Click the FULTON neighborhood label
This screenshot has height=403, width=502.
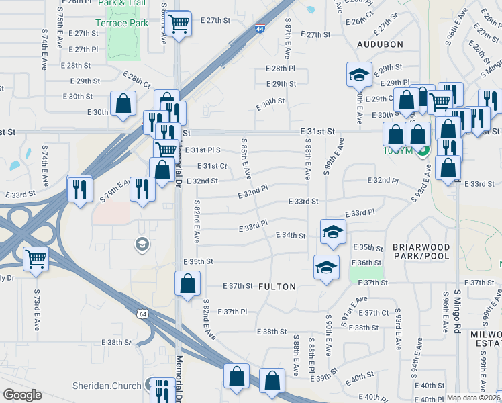[x=277, y=287]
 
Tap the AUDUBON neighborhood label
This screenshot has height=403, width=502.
[x=380, y=44]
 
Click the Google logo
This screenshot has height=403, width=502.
[x=22, y=395]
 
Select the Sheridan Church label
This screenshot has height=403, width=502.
[x=107, y=386]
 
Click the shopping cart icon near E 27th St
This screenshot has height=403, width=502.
[x=179, y=24]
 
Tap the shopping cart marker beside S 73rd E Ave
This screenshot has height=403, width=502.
[x=36, y=258]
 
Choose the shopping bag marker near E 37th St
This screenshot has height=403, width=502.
[x=187, y=282]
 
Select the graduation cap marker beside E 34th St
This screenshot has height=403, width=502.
[x=332, y=232]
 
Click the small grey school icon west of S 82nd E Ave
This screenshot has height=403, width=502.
[x=141, y=244]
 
